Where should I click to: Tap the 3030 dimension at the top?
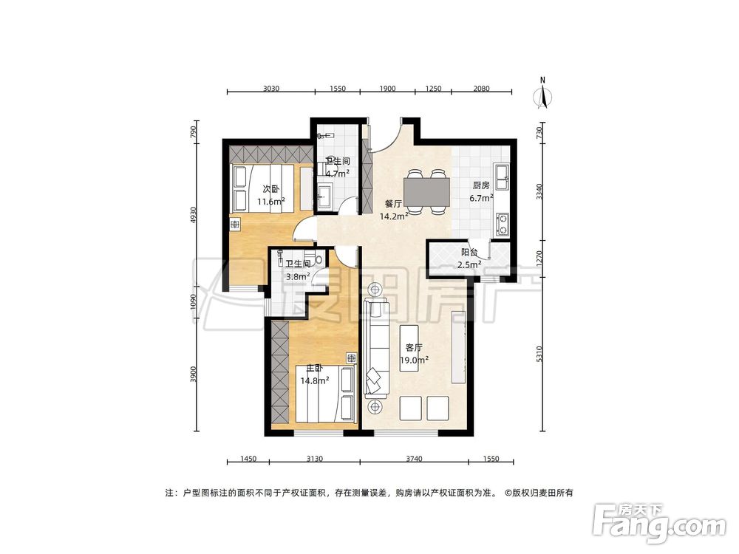pyautogui.click(x=270, y=88)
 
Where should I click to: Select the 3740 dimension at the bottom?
pyautogui.click(x=413, y=459)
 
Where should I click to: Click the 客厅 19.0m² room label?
pyautogui.click(x=414, y=353)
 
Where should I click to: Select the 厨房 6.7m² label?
pyautogui.click(x=482, y=191)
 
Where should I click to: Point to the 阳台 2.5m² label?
pyautogui.click(x=469, y=258)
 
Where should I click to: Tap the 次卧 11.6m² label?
pyautogui.click(x=270, y=194)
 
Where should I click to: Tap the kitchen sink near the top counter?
pyautogui.click(x=503, y=175)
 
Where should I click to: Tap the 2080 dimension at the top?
pyautogui.click(x=480, y=88)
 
